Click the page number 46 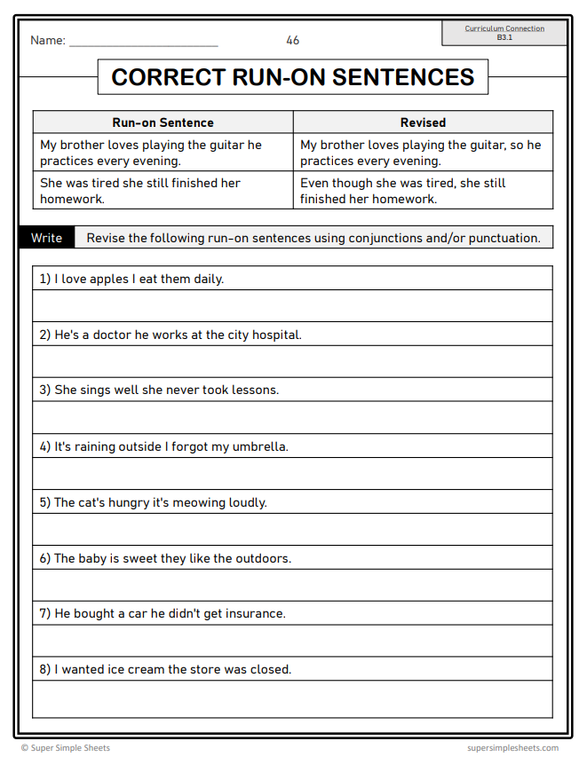tap(293, 41)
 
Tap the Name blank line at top tap(143, 43)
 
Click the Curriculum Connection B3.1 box tap(504, 33)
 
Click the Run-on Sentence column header tap(163, 122)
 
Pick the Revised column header tap(423, 122)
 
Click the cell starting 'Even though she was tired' tap(423, 191)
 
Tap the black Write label tap(47, 238)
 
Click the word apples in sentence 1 tap(108, 279)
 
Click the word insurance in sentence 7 tap(255, 613)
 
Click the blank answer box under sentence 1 tap(292, 306)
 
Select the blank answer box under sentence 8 tap(292, 699)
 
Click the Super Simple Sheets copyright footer tap(66, 748)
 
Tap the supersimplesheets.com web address tap(512, 748)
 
